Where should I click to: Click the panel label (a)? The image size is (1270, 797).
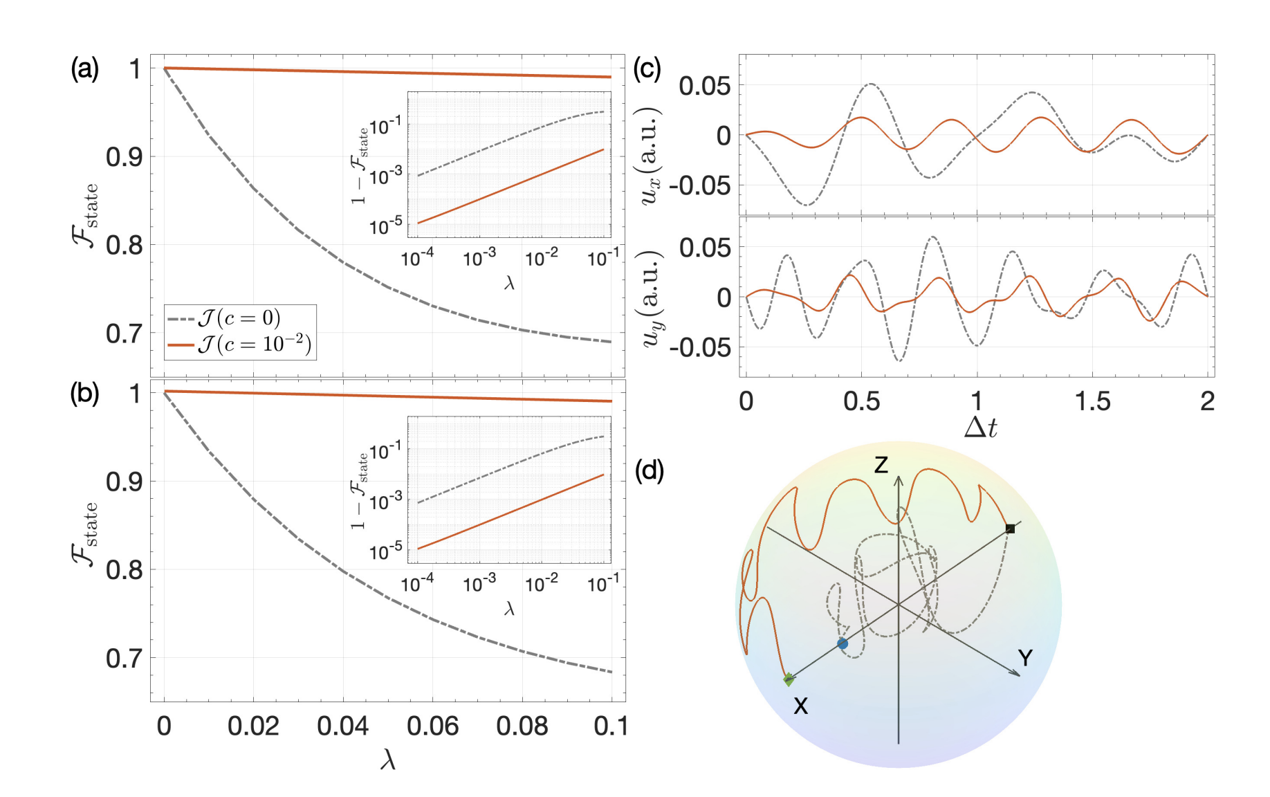[x=84, y=69]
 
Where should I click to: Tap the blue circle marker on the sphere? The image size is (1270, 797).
[x=842, y=643]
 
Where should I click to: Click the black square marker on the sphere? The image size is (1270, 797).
[x=1010, y=529]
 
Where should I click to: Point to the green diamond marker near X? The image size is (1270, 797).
[x=789, y=679]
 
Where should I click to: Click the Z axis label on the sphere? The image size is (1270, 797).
[x=881, y=465]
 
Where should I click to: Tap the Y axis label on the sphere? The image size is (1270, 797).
[x=1025, y=658]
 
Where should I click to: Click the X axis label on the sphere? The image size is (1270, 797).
[x=800, y=706]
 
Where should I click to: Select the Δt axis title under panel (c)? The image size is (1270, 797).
[x=980, y=428]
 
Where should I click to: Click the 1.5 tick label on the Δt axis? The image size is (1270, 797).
[x=1092, y=401]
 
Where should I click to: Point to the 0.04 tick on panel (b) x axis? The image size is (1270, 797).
[x=342, y=726]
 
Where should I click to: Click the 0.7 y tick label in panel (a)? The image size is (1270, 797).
[x=124, y=333]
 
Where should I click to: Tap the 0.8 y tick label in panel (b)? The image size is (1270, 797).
[x=124, y=570]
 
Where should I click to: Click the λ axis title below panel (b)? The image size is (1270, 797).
[x=387, y=760]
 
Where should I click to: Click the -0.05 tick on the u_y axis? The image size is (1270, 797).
[x=699, y=347]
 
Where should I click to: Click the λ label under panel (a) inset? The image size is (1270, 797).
[x=509, y=282]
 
